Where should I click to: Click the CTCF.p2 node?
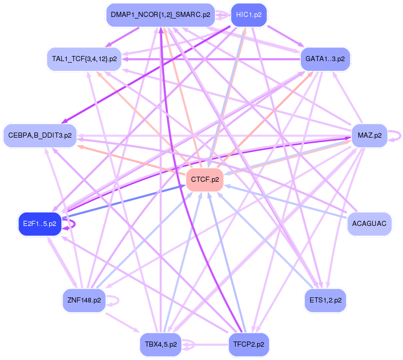[205, 180]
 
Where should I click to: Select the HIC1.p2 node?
[249, 15]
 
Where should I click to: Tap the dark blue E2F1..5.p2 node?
[40, 224]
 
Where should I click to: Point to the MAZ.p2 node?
[369, 136]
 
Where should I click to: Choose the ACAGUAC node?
[369, 224]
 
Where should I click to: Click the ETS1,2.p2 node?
[325, 298]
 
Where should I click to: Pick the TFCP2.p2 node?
[248, 344]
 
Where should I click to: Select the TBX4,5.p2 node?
[161, 344]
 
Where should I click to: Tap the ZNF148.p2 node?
[84, 298]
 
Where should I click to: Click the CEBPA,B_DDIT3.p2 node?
[40, 136]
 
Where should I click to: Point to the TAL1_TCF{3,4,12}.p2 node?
[84, 59]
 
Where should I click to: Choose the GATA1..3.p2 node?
[325, 59]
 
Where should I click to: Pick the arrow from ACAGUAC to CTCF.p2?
[287, 201]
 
